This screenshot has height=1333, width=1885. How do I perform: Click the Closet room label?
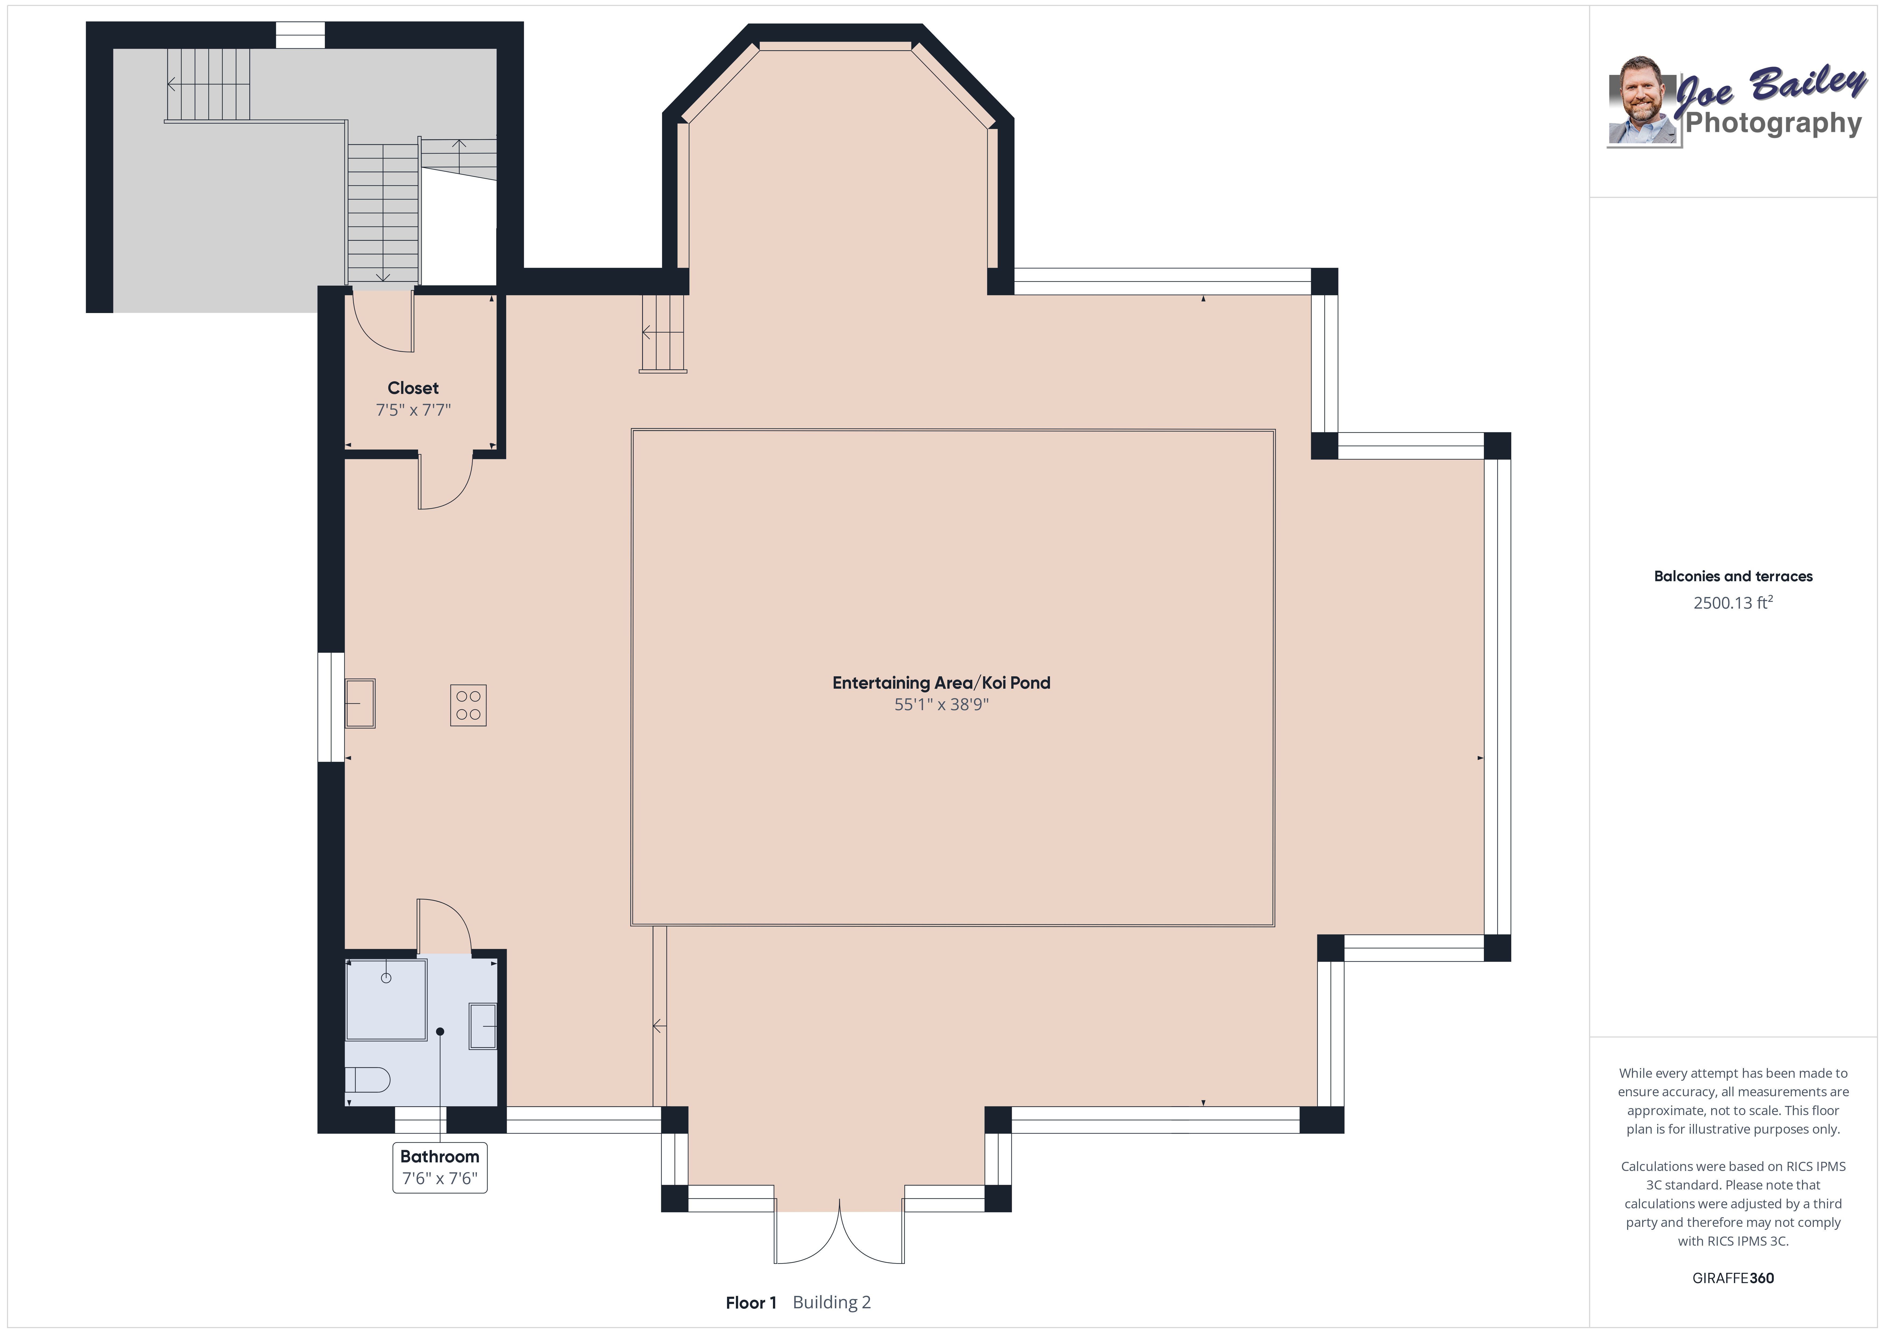pyautogui.click(x=413, y=389)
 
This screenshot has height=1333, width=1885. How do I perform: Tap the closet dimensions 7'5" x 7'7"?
pyautogui.click(x=413, y=410)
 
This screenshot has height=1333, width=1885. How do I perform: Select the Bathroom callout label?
pyautogui.click(x=440, y=1156)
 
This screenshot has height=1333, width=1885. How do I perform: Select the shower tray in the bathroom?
pyautogui.click(x=386, y=999)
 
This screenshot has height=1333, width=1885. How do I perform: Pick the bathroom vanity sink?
pyautogui.click(x=483, y=1026)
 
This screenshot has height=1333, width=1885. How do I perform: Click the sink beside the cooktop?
pyautogui.click(x=359, y=703)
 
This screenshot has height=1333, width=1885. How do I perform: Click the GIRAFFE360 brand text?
pyautogui.click(x=1733, y=1278)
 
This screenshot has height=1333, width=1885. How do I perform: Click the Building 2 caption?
pyautogui.click(x=832, y=1303)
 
